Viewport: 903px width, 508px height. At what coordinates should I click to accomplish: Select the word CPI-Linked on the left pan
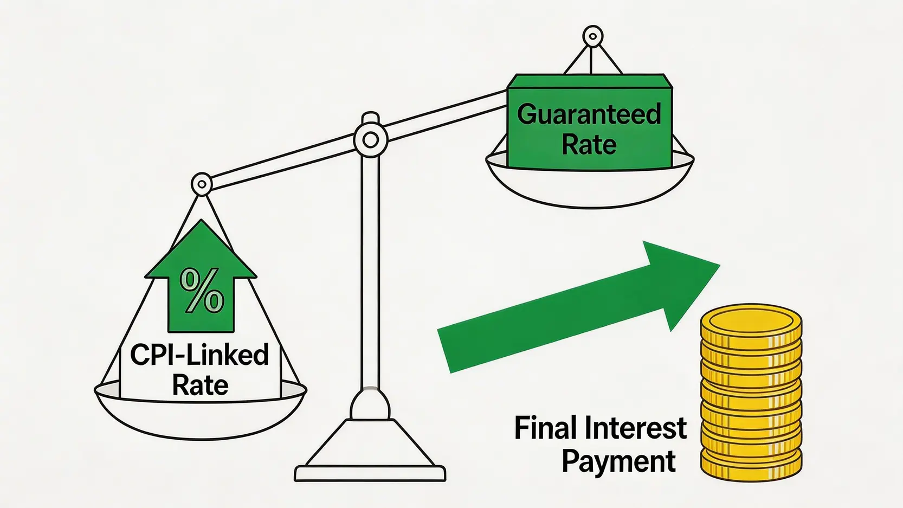[199, 355]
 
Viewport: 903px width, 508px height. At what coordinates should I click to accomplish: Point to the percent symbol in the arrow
[202, 291]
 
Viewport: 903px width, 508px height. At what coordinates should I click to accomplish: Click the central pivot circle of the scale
[371, 140]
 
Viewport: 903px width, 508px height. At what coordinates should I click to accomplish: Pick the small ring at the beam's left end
[202, 185]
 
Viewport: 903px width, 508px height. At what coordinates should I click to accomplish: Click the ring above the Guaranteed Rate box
[592, 36]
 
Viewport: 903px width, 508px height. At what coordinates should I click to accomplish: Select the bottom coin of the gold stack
[751, 468]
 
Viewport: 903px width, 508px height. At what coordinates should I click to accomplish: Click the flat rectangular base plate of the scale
[370, 473]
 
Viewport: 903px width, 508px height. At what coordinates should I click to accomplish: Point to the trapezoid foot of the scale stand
[370, 443]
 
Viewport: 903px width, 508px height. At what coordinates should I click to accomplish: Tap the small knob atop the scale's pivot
[371, 118]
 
